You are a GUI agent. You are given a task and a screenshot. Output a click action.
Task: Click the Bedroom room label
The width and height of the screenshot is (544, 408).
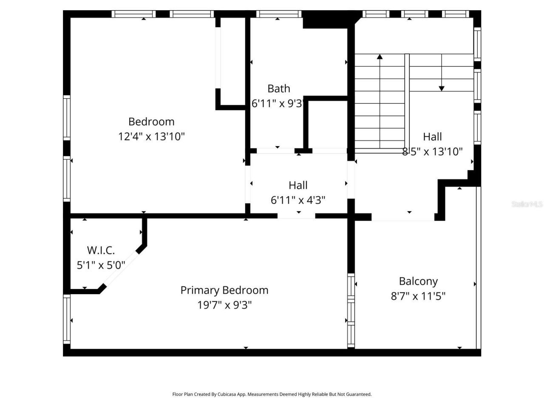[x=151, y=122]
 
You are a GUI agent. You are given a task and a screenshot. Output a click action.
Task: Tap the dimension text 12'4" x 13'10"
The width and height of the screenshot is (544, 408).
[x=151, y=136]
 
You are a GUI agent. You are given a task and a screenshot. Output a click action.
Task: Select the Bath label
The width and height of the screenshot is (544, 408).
[x=279, y=88]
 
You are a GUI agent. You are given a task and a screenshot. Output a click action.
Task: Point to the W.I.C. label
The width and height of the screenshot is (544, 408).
[x=101, y=250]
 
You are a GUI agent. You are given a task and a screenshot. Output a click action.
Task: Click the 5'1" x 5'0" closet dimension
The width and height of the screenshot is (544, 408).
[x=101, y=265]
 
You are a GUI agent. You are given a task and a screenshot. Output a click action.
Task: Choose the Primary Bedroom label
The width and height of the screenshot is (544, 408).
[x=224, y=290]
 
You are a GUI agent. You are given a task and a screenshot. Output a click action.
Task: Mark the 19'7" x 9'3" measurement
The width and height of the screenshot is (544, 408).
[x=224, y=305]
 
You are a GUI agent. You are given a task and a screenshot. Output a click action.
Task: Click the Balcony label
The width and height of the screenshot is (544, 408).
[x=418, y=281]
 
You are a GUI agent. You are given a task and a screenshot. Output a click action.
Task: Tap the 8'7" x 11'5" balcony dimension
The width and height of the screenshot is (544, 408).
[x=418, y=296]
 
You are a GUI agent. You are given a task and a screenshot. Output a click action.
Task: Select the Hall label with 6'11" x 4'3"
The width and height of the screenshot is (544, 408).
[x=298, y=185]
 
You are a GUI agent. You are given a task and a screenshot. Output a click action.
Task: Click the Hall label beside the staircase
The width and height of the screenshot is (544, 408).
[x=432, y=137]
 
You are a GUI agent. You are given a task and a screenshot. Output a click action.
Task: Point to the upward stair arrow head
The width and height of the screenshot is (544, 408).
[x=380, y=56]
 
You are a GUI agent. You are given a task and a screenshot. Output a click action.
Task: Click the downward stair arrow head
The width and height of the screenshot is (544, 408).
[x=442, y=88]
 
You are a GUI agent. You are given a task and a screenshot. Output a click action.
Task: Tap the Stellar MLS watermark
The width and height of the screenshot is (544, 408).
[x=527, y=204]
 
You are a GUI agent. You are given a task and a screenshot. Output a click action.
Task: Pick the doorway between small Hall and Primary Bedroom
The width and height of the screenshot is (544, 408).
[x=296, y=216]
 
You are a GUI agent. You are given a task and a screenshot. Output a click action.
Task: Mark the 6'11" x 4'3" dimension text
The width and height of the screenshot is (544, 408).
[x=298, y=200]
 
